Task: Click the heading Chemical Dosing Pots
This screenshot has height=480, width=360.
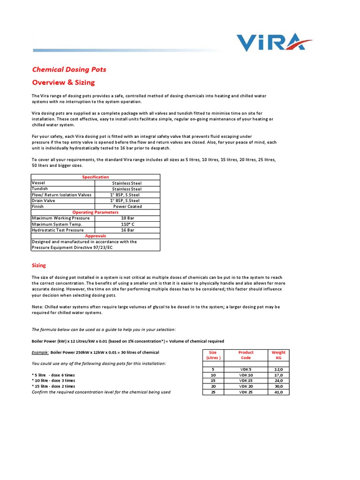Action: click(69, 69)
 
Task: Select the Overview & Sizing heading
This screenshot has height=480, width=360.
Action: click(63, 82)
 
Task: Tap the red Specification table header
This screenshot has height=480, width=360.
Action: click(96, 177)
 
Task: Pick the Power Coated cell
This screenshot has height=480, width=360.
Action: click(127, 206)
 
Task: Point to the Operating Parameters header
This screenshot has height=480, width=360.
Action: click(95, 212)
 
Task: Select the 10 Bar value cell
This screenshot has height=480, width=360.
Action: click(127, 218)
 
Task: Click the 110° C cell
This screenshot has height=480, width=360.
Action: click(127, 224)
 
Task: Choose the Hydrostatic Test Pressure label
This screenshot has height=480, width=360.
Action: click(58, 230)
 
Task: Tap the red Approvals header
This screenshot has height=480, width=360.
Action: click(96, 236)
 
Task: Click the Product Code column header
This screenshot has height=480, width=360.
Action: click(246, 355)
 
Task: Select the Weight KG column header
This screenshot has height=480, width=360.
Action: click(278, 355)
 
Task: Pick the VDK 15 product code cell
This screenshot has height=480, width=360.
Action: click(246, 381)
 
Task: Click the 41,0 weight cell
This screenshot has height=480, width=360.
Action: click(278, 392)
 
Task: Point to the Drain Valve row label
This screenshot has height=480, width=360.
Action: click(43, 201)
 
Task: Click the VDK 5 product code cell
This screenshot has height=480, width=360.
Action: click(246, 369)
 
